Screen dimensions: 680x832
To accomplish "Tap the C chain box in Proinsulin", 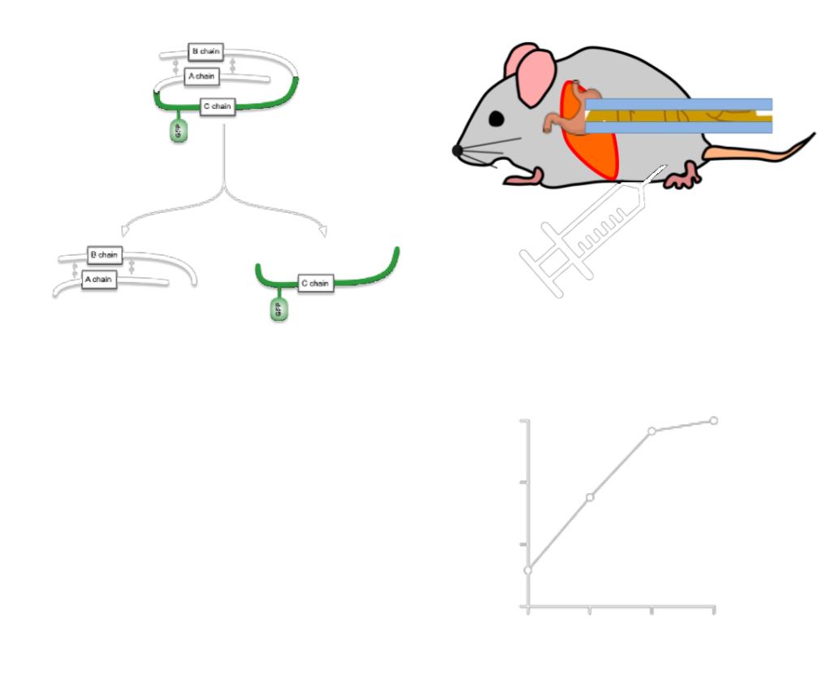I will point(217,106).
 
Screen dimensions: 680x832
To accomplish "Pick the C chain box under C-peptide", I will point(314,284).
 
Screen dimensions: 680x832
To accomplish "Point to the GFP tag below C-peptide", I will point(279,310).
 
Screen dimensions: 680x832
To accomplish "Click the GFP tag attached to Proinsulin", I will point(178,132).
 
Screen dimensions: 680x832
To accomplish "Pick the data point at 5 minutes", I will point(590,496).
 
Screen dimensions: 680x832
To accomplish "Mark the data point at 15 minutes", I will point(714,420).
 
